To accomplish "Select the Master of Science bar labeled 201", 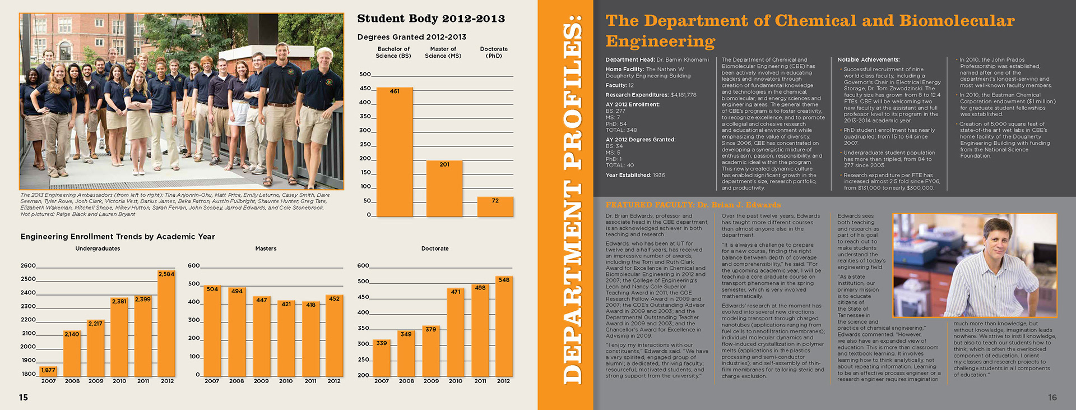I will pyautogui.click(x=444, y=188).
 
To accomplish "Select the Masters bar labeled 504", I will pyautogui.click(x=212, y=330).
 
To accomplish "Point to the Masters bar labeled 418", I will pyautogui.click(x=310, y=338).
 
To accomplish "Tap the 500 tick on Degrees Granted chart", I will pyautogui.click(x=365, y=75).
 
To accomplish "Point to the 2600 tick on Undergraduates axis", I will pyautogui.click(x=28, y=266).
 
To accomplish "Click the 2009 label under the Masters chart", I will pyautogui.click(x=261, y=381).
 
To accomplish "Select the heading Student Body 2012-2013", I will pyautogui.click(x=431, y=19).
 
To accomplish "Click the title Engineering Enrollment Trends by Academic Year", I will pyautogui.click(x=118, y=237).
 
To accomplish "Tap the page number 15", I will pyautogui.click(x=24, y=398).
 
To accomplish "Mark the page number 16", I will pyautogui.click(x=1052, y=398).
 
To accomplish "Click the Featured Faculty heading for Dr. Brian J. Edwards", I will pyautogui.click(x=693, y=205).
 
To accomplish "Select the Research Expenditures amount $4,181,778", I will pyautogui.click(x=683, y=95).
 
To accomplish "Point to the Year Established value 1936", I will pyautogui.click(x=658, y=176).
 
